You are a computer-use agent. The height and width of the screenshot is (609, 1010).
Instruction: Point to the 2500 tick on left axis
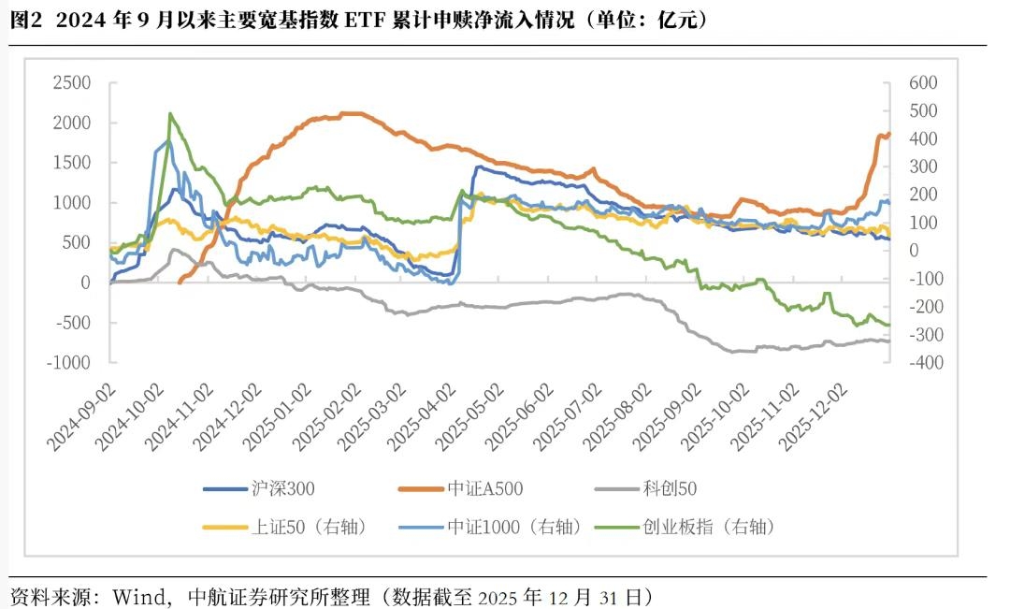point(71,82)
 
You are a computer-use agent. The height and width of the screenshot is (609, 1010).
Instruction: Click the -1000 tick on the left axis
point(68,363)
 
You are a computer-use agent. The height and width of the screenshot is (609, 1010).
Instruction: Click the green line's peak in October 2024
point(170,114)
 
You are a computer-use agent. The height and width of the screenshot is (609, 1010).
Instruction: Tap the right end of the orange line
point(888,134)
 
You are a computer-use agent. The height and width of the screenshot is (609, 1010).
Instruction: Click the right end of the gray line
point(888,341)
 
